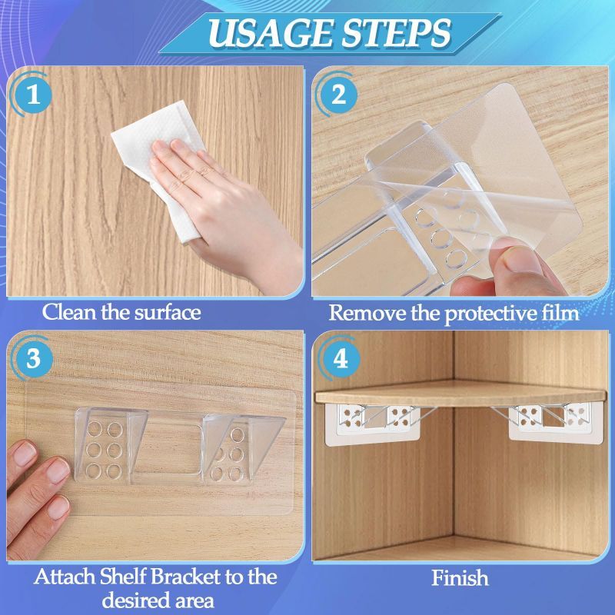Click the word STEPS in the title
(x=397, y=33)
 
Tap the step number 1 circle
(x=33, y=95)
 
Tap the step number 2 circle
(x=339, y=95)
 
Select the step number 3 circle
(x=33, y=358)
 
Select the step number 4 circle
(x=340, y=358)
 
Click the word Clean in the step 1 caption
(x=69, y=313)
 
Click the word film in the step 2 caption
(x=561, y=314)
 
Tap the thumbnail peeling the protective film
(x=522, y=260)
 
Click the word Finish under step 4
(x=460, y=578)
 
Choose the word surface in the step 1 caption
(x=168, y=313)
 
